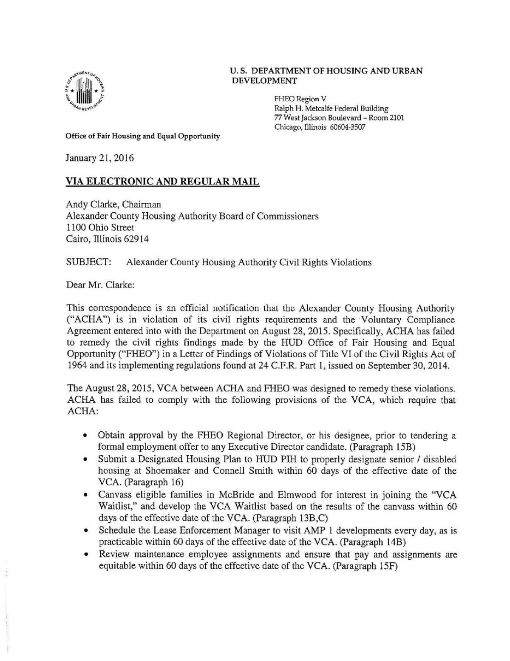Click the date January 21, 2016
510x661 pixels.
tap(99, 159)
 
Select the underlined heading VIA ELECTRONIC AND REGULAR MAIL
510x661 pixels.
tap(162, 182)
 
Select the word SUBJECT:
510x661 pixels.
tap(89, 262)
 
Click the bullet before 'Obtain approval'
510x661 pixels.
tap(86, 436)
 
